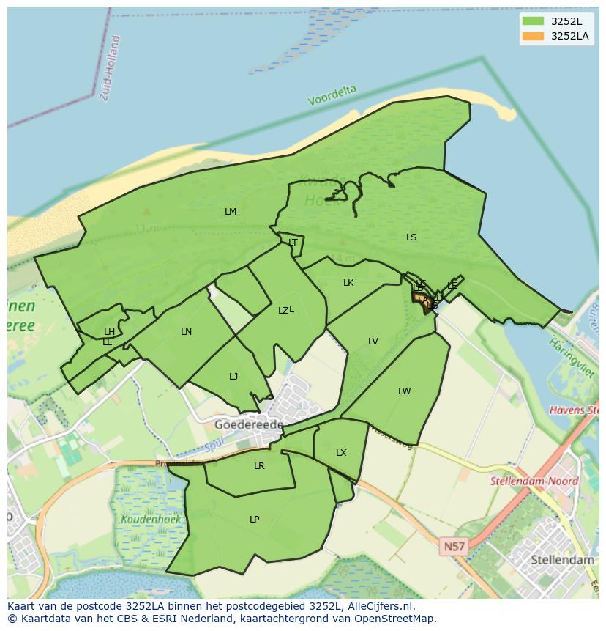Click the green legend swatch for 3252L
point(534,21)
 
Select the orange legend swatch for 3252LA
point(534,36)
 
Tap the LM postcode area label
point(231,212)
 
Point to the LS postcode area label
point(411,237)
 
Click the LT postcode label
point(293,243)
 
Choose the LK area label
point(348,283)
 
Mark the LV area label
point(373,342)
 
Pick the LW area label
point(405,391)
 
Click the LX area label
point(341,453)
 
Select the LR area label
point(259,466)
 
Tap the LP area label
point(254,520)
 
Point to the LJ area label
point(233,377)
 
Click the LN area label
point(187,332)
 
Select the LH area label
point(109,332)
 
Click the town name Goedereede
point(248,424)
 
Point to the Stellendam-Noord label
point(534,481)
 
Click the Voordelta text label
point(332,95)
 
